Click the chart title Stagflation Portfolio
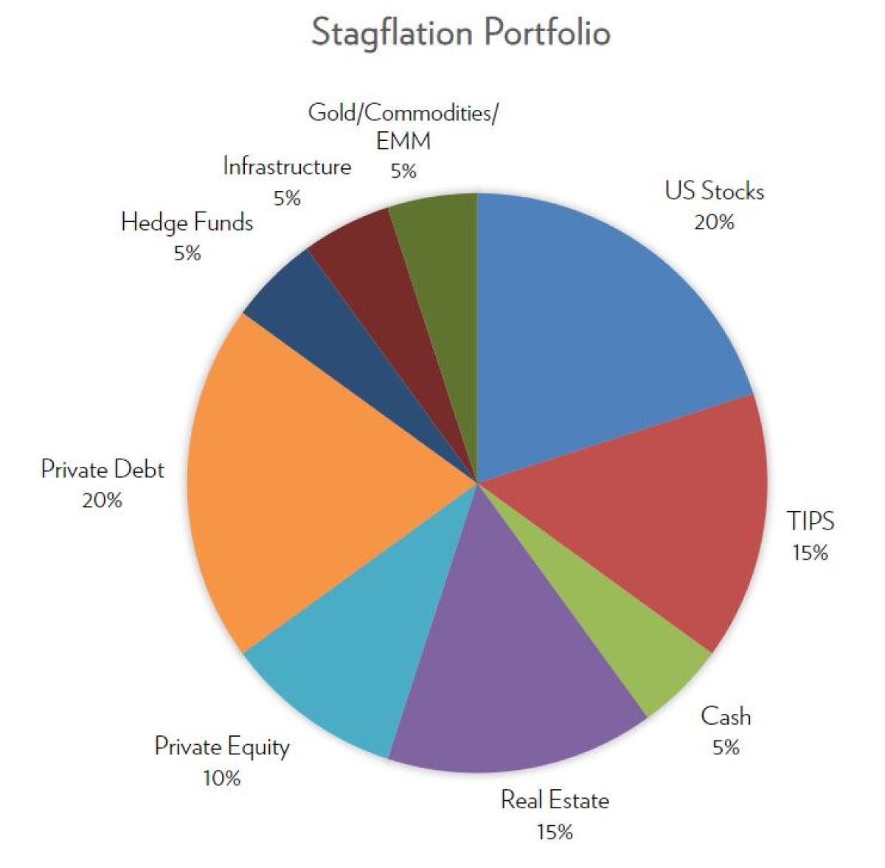[x=460, y=33]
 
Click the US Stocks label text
[x=714, y=192]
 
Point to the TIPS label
[x=810, y=521]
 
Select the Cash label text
[x=726, y=716]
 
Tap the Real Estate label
[x=555, y=800]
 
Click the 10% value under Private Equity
[x=221, y=778]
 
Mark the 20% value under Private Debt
[x=102, y=501]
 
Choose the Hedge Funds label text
[x=187, y=222]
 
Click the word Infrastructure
[x=287, y=167]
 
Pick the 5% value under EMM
[x=403, y=171]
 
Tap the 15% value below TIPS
[x=810, y=552]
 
